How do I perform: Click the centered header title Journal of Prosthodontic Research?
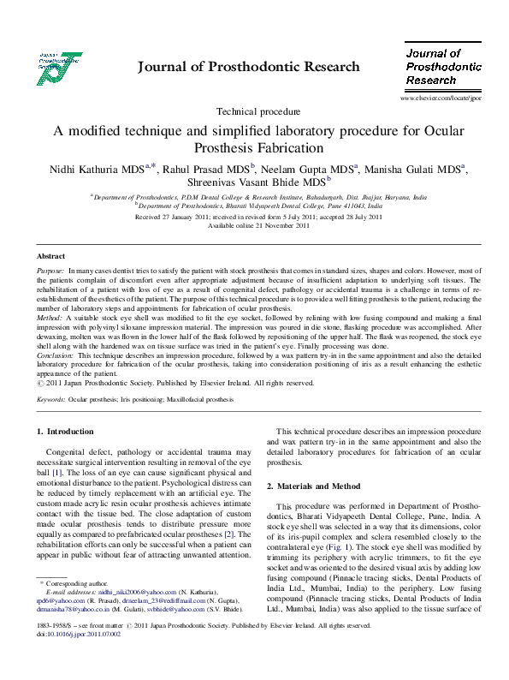click(x=249, y=67)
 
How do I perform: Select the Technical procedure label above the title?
click(x=258, y=111)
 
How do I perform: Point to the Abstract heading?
click(x=50, y=256)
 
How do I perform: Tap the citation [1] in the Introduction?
click(x=57, y=473)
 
